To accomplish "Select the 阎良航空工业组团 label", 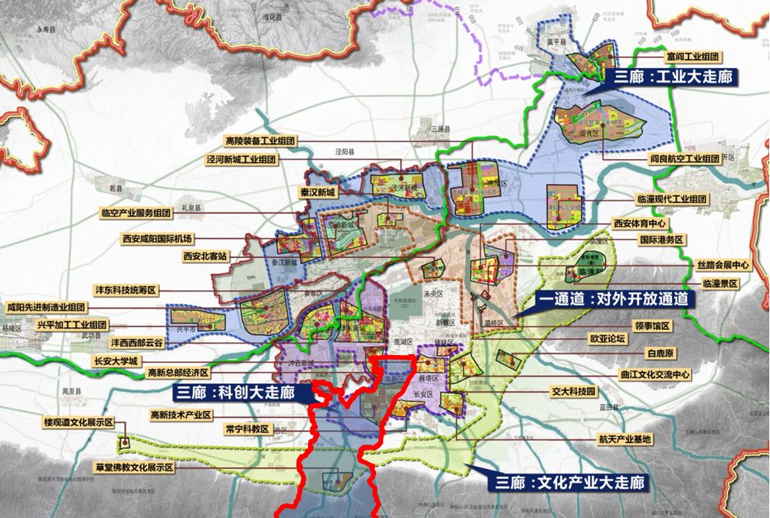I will click(684, 158).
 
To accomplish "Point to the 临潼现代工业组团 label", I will click(672, 199).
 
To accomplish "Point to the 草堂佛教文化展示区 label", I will click(135, 466).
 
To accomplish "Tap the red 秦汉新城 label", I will click(317, 192).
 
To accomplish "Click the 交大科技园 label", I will click(573, 391).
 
